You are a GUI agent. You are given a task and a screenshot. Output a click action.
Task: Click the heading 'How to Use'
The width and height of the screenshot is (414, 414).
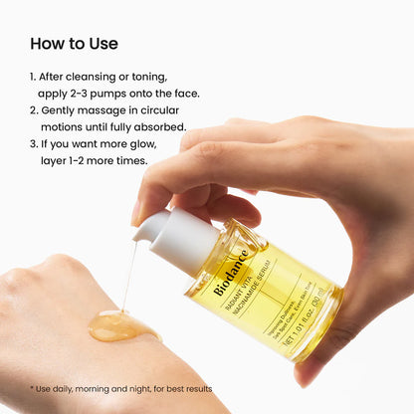[74, 44]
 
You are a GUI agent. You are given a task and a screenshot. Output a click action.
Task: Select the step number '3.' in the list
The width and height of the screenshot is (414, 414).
[34, 144]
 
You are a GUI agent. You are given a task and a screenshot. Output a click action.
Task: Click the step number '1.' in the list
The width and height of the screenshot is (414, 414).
[33, 77]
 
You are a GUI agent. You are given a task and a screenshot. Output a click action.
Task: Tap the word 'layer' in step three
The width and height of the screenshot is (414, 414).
[56, 161]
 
